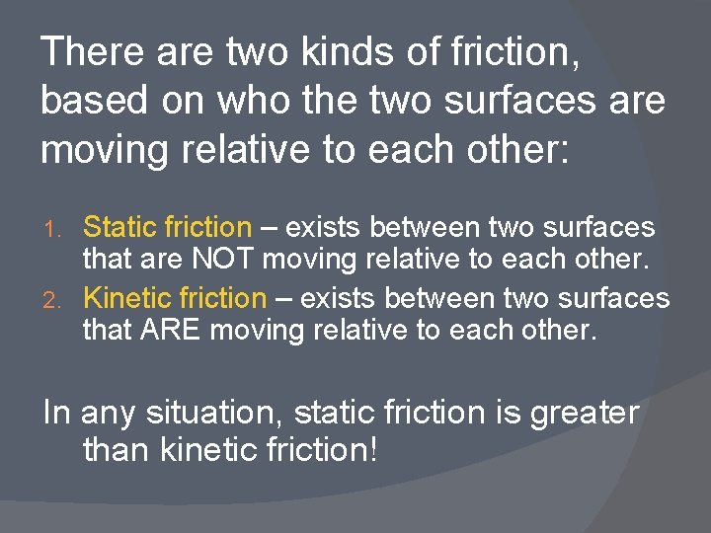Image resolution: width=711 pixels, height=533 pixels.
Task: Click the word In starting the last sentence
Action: click(x=57, y=412)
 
